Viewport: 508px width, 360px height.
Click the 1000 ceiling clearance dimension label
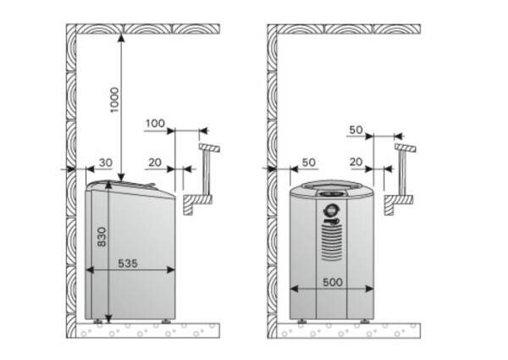pos(114,100)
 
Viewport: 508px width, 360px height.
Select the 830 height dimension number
pos(102,237)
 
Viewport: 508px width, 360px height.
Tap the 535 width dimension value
pos(128,263)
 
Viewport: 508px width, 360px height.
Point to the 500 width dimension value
pos(333,282)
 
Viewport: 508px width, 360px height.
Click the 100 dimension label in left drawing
pos(155,124)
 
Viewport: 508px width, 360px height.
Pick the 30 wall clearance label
pos(106,163)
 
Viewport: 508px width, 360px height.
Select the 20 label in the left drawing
pos(155,163)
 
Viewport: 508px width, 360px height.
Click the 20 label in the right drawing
pos(356,162)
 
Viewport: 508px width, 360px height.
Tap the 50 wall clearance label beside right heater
pos(308,163)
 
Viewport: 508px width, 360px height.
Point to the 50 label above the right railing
pos(356,130)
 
